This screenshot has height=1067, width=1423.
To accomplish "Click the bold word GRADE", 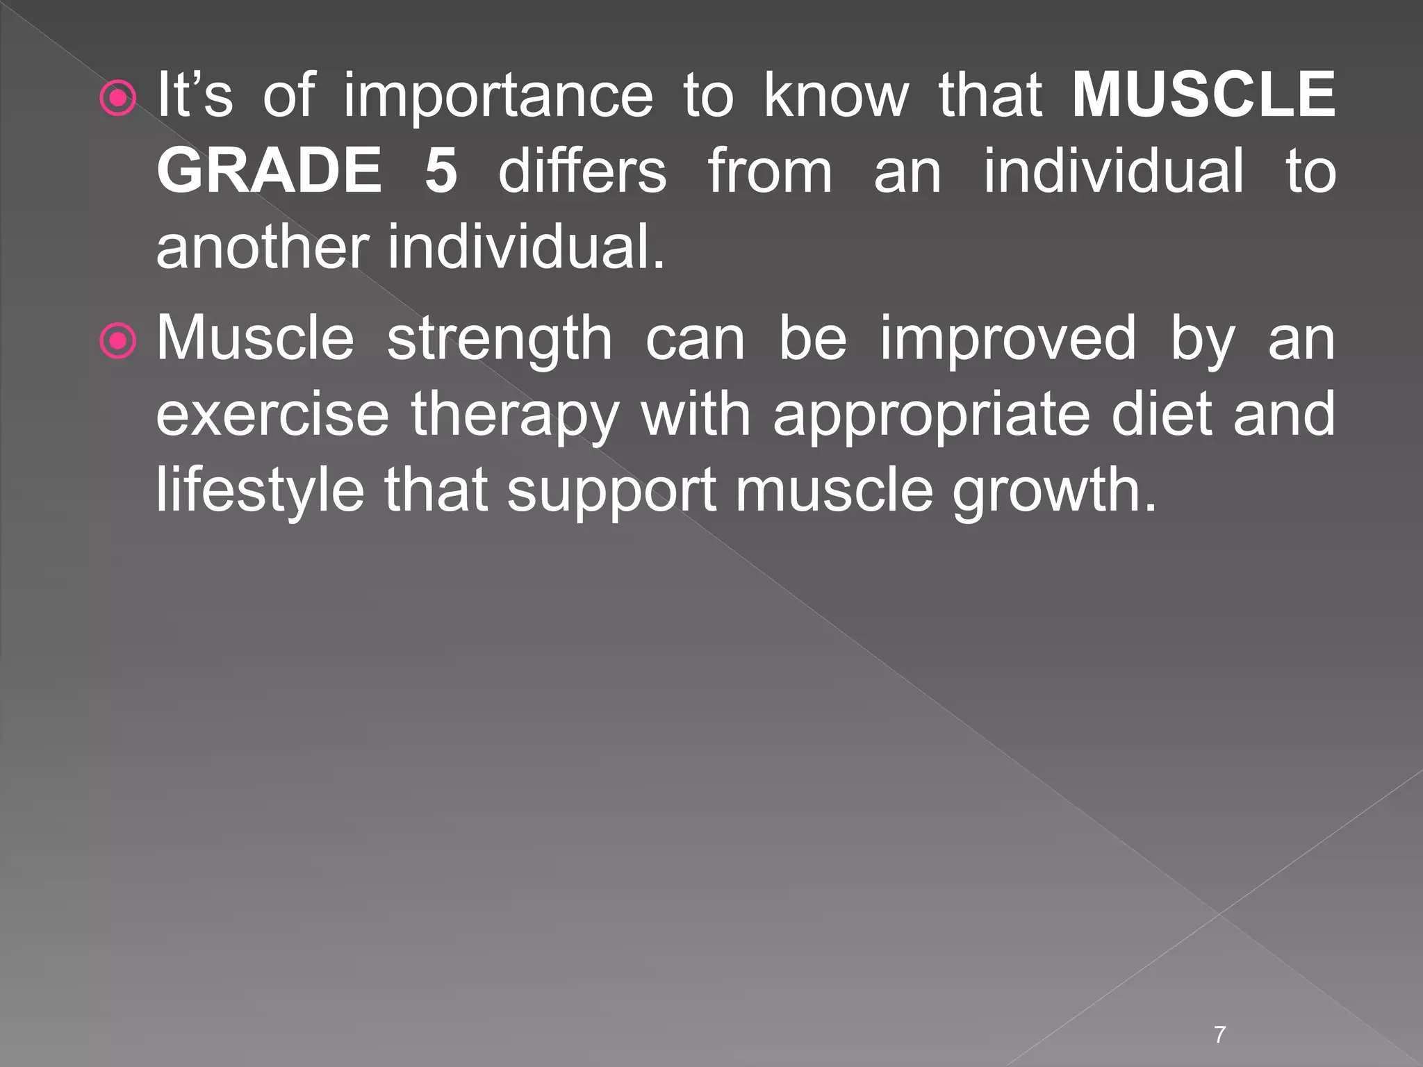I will (270, 171).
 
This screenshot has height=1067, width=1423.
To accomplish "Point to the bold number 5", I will (441, 171).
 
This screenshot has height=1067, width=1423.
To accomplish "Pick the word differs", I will (582, 171).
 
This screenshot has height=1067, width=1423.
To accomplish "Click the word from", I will (770, 171).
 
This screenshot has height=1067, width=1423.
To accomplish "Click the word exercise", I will (272, 414).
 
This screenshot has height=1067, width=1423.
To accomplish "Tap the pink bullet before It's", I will (118, 99).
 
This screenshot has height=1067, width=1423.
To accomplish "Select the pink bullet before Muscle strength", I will (118, 342).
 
